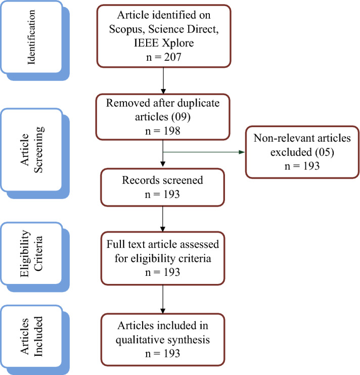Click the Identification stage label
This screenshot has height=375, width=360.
pyautogui.click(x=33, y=37)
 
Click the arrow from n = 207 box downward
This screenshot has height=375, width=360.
pyautogui.click(x=163, y=80)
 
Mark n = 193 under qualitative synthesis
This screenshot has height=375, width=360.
pyautogui.click(x=163, y=353)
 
